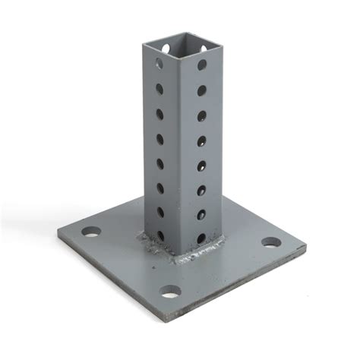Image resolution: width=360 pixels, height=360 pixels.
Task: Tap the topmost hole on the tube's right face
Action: pyautogui.click(x=203, y=65)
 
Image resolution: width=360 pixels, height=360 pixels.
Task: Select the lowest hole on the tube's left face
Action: pyautogui.click(x=160, y=235)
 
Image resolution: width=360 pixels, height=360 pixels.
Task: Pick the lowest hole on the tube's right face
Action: pyautogui.click(x=201, y=238)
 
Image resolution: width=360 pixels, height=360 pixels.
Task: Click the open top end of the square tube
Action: pyautogui.click(x=177, y=44)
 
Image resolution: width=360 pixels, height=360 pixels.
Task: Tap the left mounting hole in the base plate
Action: pyautogui.click(x=91, y=231)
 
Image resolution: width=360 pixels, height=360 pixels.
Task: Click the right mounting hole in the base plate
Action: pyautogui.click(x=271, y=243)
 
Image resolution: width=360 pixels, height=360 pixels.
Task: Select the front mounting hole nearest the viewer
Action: pyautogui.click(x=170, y=291)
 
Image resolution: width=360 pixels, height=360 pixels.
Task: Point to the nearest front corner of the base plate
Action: pyautogui.click(x=179, y=313)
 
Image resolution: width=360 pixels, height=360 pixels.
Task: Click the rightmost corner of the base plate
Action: pyautogui.click(x=306, y=247)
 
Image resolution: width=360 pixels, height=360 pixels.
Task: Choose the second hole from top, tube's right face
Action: pyautogui.click(x=203, y=90)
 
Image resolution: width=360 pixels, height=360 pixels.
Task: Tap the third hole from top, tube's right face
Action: pyautogui.click(x=202, y=115)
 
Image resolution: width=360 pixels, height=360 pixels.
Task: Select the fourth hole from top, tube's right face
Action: pyautogui.click(x=202, y=141)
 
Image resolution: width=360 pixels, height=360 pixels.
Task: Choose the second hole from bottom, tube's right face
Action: pyautogui.click(x=201, y=213)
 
